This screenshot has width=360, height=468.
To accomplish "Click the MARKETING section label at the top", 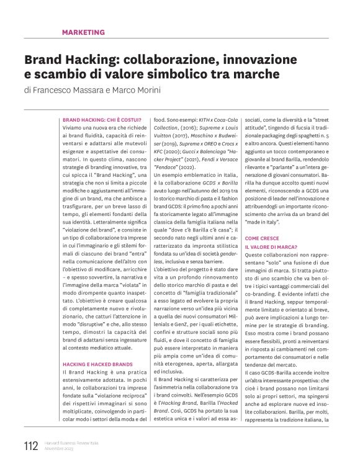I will (83, 32).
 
